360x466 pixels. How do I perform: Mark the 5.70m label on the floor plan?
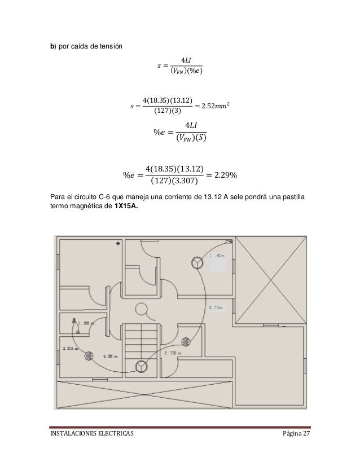[x=216, y=307]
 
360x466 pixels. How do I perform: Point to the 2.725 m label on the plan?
[x=173, y=353]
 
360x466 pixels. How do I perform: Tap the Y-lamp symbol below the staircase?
[x=139, y=367]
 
